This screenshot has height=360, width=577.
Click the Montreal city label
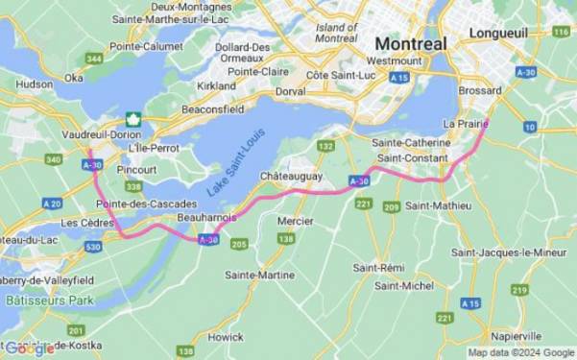410,44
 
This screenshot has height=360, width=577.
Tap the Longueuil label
498,34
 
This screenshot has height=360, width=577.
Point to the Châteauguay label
291,178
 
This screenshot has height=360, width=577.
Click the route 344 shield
94,60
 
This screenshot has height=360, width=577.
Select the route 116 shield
561,32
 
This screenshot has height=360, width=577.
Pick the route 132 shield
326,146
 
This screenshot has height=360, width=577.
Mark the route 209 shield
391,206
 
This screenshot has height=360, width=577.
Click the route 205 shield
238,245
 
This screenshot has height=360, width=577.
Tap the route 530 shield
93,247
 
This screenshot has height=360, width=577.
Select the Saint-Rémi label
376,267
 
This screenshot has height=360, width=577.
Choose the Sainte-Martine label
259,275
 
